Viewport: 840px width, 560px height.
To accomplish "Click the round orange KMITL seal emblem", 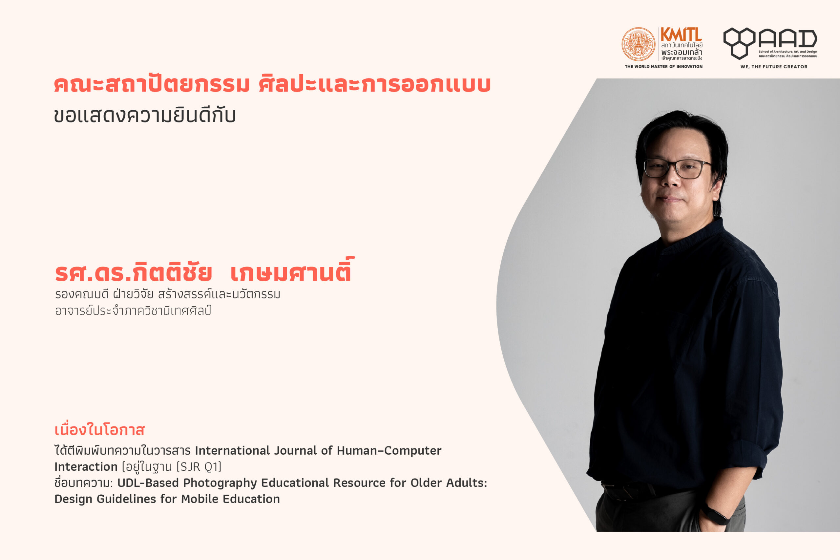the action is (x=638, y=44).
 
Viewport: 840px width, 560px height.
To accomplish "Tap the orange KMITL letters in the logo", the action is (x=681, y=35).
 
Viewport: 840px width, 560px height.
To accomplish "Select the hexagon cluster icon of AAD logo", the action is (x=739, y=43).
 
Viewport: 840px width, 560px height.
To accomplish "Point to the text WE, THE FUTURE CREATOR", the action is (x=774, y=67).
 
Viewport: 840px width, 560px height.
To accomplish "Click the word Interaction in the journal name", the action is (x=86, y=467).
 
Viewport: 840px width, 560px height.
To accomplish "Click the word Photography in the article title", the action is (x=220, y=483).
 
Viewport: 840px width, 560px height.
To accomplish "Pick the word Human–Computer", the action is (x=389, y=451).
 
